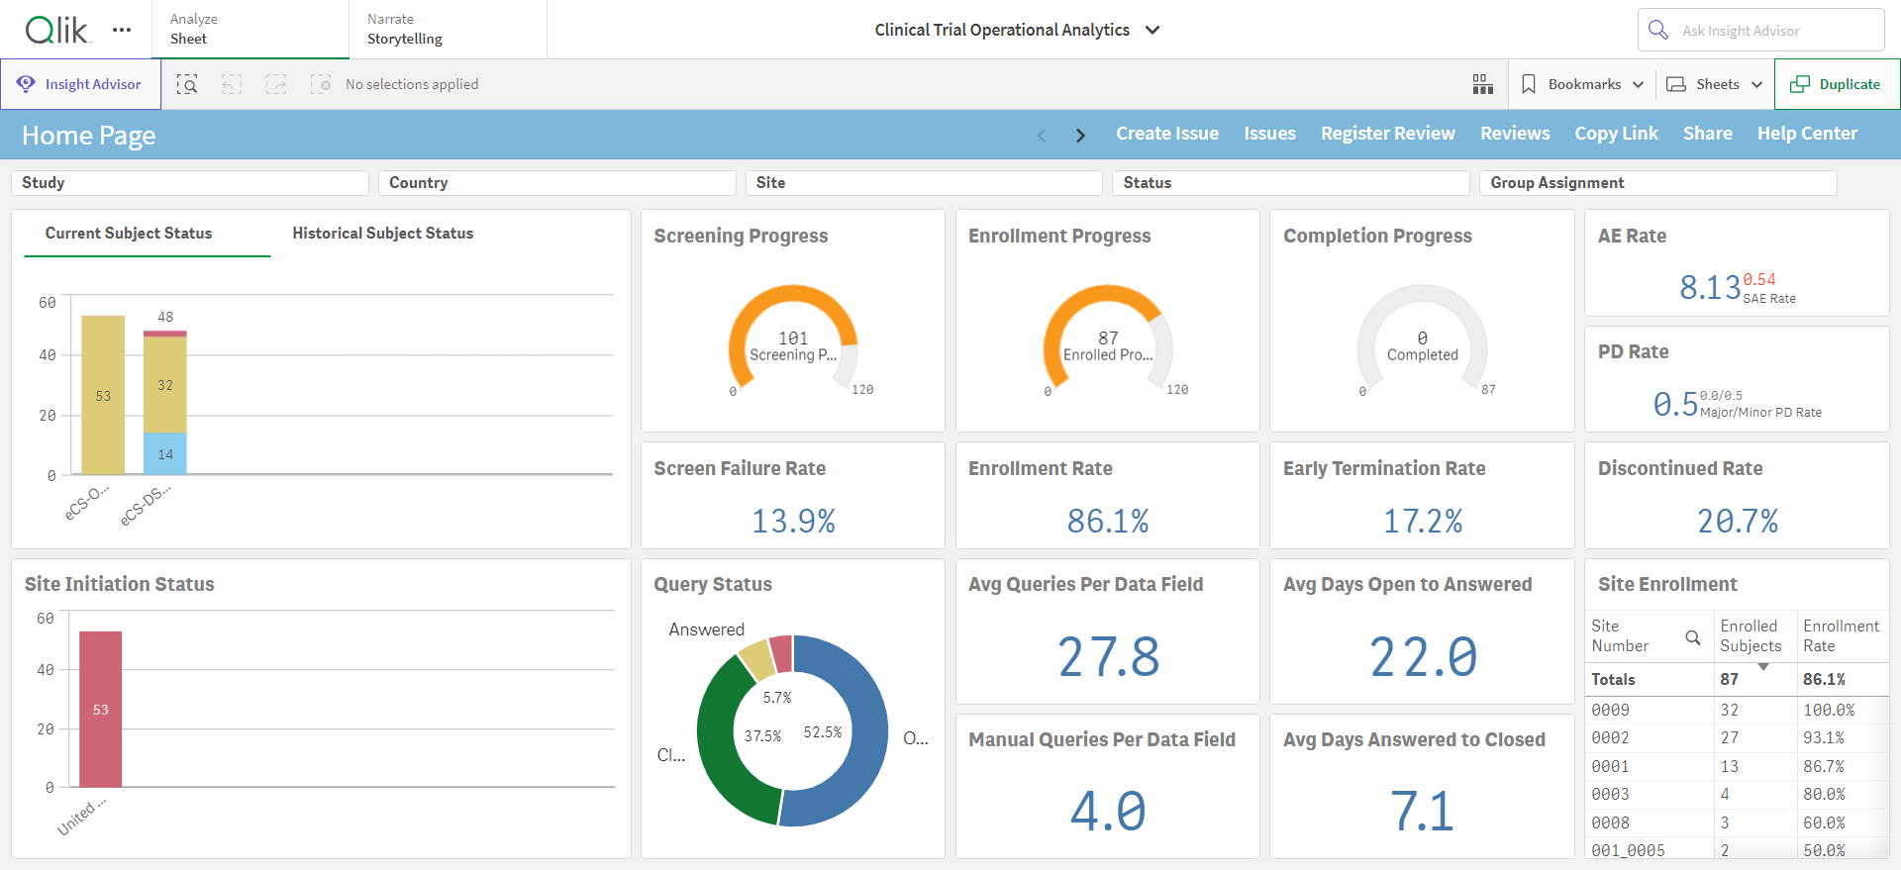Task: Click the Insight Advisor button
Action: pyautogui.click(x=81, y=84)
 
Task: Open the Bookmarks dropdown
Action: pyautogui.click(x=1582, y=84)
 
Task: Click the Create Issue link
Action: pyautogui.click(x=1167, y=134)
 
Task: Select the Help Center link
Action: pyautogui.click(x=1807, y=134)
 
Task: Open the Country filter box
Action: pyautogui.click(x=557, y=183)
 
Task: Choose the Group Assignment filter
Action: pyautogui.click(x=1657, y=183)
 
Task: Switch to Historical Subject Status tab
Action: pyautogui.click(x=383, y=234)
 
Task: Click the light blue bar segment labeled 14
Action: pyautogui.click(x=165, y=454)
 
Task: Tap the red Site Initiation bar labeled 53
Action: pyautogui.click(x=101, y=709)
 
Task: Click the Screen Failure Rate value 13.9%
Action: pyautogui.click(x=793, y=521)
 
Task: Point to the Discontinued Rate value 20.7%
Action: pyautogui.click(x=1738, y=521)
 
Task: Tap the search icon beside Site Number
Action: pyautogui.click(x=1693, y=637)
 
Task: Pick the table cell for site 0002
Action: pyautogui.click(x=1610, y=738)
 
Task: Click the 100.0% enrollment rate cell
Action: pyautogui.click(x=1829, y=711)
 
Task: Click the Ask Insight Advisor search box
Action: pyautogui.click(x=1760, y=31)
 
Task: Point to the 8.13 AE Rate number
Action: pyautogui.click(x=1710, y=287)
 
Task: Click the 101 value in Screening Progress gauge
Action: pyautogui.click(x=793, y=338)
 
